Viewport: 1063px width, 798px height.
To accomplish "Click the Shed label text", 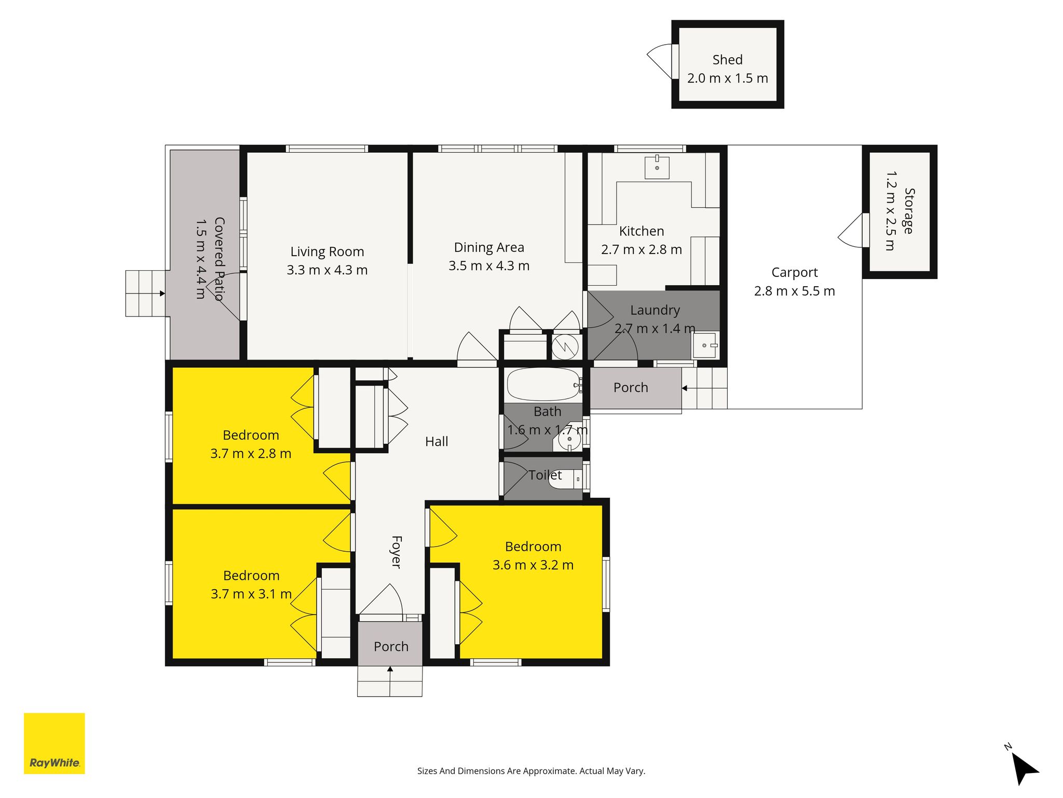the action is [x=727, y=60].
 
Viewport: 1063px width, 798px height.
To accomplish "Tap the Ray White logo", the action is [x=54, y=743].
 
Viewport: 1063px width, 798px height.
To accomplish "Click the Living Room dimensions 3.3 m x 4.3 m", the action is [x=327, y=270].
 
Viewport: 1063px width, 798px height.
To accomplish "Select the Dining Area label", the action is [x=489, y=247].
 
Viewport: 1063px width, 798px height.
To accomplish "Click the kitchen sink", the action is [x=657, y=166].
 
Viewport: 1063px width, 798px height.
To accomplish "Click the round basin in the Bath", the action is [x=569, y=440].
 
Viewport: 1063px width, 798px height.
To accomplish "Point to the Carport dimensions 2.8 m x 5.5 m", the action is [x=795, y=291].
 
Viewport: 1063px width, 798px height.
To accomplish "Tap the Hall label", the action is [x=437, y=442].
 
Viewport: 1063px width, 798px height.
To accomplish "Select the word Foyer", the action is [x=396, y=552].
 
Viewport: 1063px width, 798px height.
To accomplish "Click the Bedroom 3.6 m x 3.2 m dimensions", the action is [x=533, y=565].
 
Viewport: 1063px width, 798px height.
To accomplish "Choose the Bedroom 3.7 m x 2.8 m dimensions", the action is [x=251, y=454].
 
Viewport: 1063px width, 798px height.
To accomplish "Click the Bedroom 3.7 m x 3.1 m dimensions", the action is [x=251, y=594].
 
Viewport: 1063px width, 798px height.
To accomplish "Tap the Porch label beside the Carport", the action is [x=631, y=388].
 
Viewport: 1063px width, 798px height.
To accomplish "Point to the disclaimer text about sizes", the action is [x=531, y=771].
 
